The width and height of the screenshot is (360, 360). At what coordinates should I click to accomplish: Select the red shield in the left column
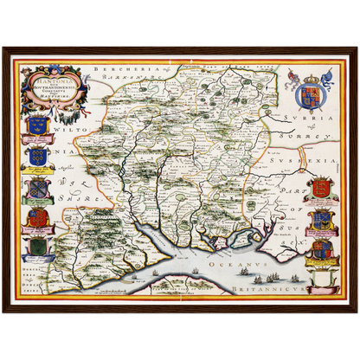(x=37, y=217)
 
